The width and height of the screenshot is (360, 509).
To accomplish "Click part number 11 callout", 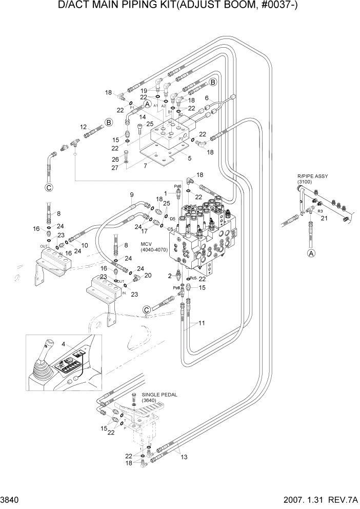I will pos(202,324).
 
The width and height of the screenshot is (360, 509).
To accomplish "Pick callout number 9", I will pos(131,194).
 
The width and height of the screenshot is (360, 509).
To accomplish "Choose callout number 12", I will pos(82,126).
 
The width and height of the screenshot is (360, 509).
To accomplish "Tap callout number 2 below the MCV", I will pos(170,276).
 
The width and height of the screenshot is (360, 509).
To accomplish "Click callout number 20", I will pos(148,276).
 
